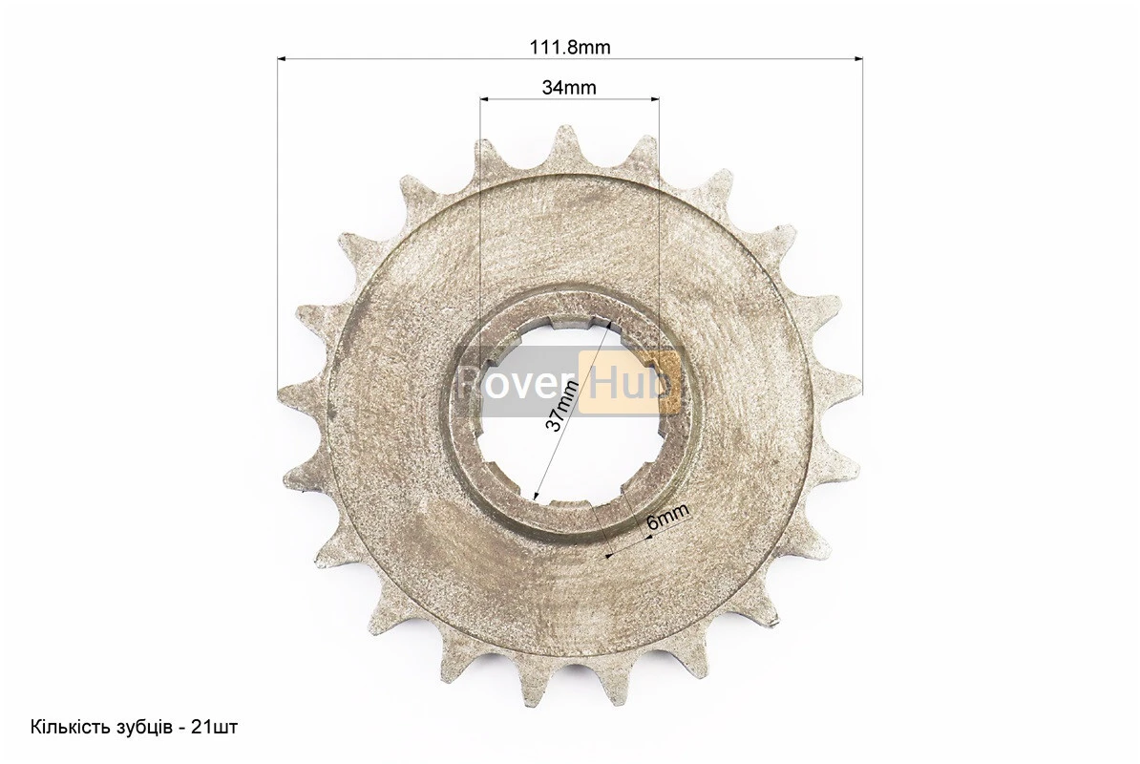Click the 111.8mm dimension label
tap(570, 47)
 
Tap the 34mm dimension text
tap(568, 88)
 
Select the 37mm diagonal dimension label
tap(562, 407)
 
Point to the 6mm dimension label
tap(666, 518)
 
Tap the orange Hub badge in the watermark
tap(629, 382)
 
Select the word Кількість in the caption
tap(65, 727)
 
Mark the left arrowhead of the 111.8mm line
tap(282, 58)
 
